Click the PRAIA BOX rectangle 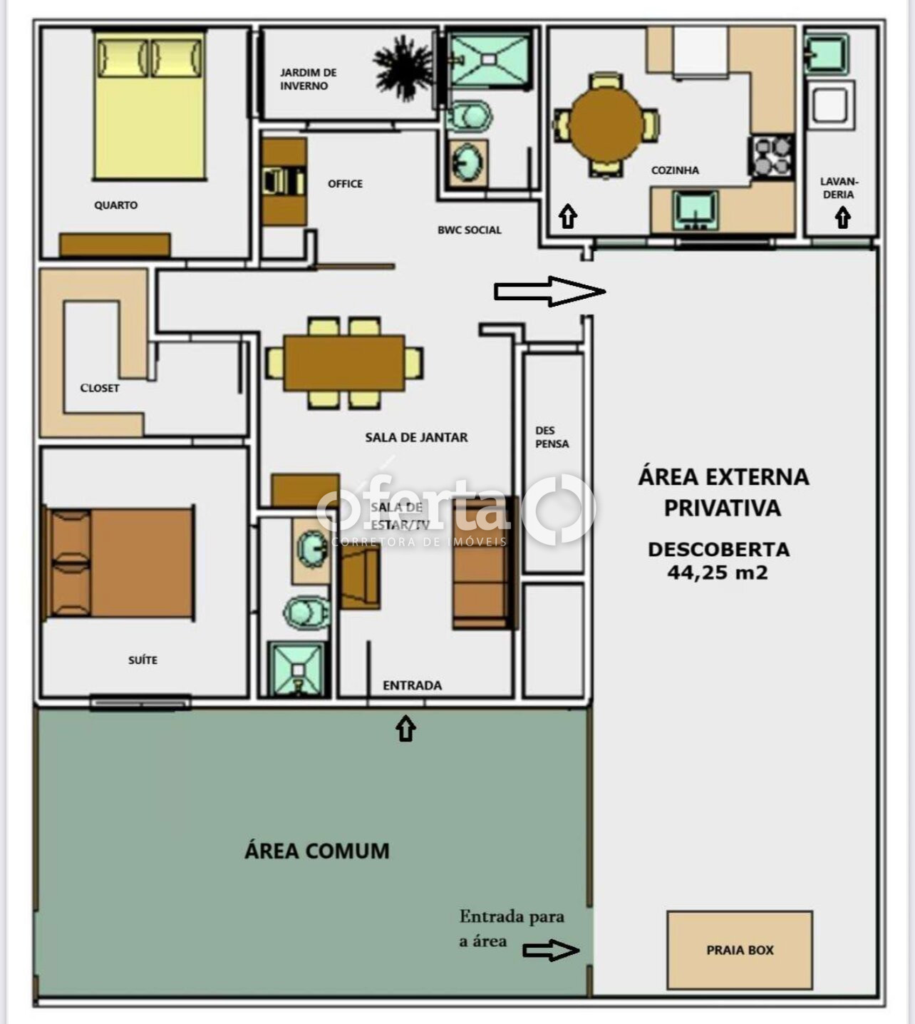[x=740, y=951]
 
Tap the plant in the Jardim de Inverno [x=403, y=67]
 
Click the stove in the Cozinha [x=772, y=156]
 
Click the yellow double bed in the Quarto [x=150, y=105]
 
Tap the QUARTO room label [x=115, y=205]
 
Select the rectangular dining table [x=344, y=363]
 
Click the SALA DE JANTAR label [x=416, y=437]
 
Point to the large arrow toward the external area [x=549, y=291]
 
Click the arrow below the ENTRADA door [x=405, y=729]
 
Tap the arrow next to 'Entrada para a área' [x=551, y=951]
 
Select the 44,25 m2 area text [x=718, y=573]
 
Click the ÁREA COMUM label [x=317, y=851]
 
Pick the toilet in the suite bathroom [x=306, y=613]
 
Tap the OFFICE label [x=345, y=183]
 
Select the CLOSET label [x=100, y=388]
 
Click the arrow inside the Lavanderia [x=842, y=217]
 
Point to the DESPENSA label [x=552, y=437]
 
